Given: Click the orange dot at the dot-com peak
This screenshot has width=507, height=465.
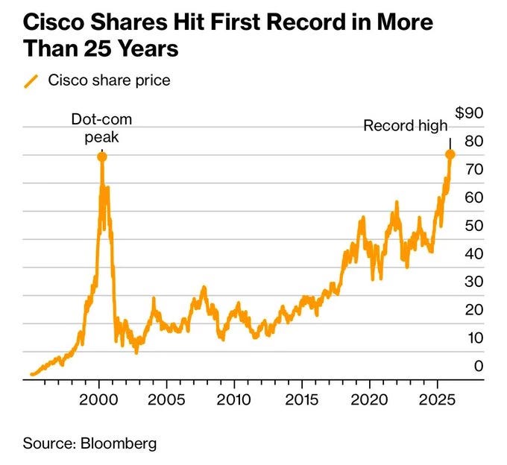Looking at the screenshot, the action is point(102,157).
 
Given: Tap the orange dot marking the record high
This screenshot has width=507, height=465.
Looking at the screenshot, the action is point(450,154).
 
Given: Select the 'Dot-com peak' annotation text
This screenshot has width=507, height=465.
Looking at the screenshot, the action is point(101,128).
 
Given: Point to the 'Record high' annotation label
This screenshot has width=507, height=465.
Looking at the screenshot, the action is point(406,125).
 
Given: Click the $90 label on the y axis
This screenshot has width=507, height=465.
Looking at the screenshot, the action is point(469,113).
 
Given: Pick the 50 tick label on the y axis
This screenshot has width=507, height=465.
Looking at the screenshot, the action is point(474,226).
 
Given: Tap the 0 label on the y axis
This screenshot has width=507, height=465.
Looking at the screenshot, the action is point(479,366).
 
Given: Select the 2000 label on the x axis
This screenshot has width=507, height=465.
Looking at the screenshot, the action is point(98,400).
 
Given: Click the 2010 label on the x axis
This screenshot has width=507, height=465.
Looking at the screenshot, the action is point(233,400).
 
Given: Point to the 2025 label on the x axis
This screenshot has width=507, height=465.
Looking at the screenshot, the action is point(437,400).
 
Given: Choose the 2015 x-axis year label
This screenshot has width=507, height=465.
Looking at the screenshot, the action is point(301,400).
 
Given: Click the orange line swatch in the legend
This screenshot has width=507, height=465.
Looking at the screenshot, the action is point(31,81).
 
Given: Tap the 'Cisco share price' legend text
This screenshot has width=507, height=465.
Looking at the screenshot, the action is point(110,80).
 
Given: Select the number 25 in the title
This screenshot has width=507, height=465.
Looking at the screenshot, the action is point(97,48).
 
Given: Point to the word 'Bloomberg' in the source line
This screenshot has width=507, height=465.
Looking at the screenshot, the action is point(119,443).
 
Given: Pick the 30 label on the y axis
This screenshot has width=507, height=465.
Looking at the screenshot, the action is point(474,282).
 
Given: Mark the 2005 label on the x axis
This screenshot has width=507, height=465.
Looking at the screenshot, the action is point(166,400).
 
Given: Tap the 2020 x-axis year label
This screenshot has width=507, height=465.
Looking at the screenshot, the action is point(369,400).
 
